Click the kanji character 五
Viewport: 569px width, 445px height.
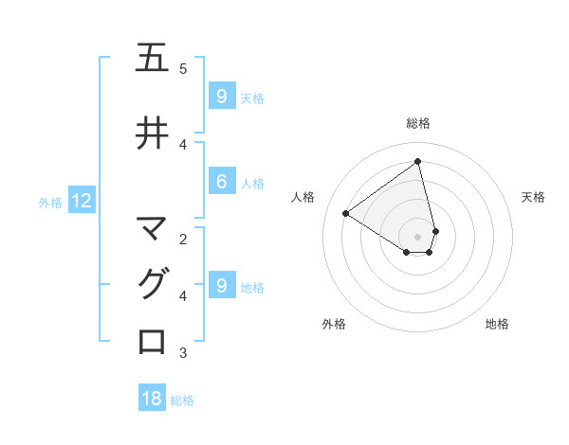[152, 59]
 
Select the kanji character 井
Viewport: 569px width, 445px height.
[152, 133]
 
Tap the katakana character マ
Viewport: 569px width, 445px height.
[152, 228]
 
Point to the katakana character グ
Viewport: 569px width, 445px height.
[152, 284]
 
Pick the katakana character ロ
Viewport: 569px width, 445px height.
[152, 341]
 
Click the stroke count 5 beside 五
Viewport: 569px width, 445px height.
[183, 69]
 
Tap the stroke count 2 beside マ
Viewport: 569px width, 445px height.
[183, 239]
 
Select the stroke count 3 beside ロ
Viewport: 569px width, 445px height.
[183, 353]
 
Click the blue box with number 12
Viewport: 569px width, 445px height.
[81, 201]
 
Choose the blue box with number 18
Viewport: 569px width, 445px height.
[152, 399]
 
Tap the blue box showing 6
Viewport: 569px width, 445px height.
[221, 183]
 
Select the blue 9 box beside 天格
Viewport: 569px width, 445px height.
[221, 96]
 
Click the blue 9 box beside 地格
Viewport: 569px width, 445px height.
[221, 285]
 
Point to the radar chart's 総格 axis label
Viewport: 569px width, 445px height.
[418, 123]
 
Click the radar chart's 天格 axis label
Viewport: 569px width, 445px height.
[533, 197]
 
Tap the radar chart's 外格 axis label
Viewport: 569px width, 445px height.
[334, 324]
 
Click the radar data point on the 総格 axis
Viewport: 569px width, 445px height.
[418, 162]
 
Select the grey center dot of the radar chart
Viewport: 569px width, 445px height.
[418, 236]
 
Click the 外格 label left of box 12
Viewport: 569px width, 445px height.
[50, 202]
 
